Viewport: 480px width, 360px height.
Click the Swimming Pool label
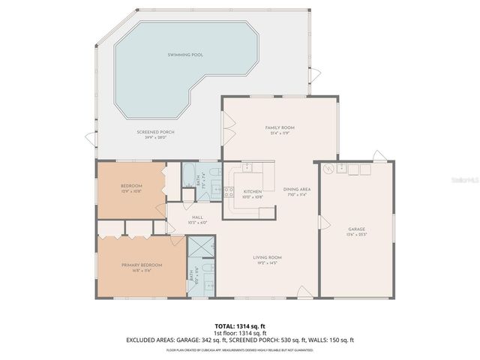185,55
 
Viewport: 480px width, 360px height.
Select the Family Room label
277,128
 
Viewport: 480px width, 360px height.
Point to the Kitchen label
252,192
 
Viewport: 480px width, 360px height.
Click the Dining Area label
297,189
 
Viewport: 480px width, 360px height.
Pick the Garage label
356,229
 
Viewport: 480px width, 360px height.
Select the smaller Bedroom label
131,186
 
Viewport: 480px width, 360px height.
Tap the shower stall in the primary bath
199,247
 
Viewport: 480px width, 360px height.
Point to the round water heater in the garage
328,169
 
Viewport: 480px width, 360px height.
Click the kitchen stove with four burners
229,192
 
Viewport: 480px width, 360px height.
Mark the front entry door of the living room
304,292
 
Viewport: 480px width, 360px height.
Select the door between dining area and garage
323,223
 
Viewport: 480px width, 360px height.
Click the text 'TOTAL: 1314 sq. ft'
240,325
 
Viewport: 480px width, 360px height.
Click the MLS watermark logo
466,181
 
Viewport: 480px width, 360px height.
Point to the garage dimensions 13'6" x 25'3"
356,235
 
